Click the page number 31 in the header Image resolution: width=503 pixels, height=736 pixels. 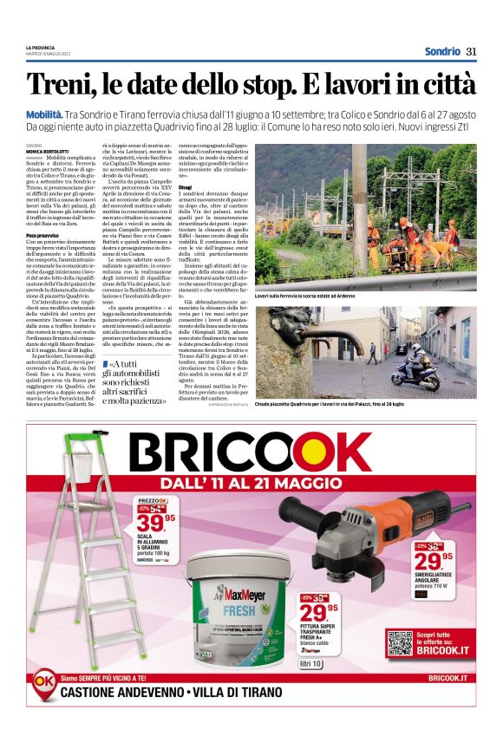[472, 50]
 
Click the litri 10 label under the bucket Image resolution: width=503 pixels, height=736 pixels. [310, 664]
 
